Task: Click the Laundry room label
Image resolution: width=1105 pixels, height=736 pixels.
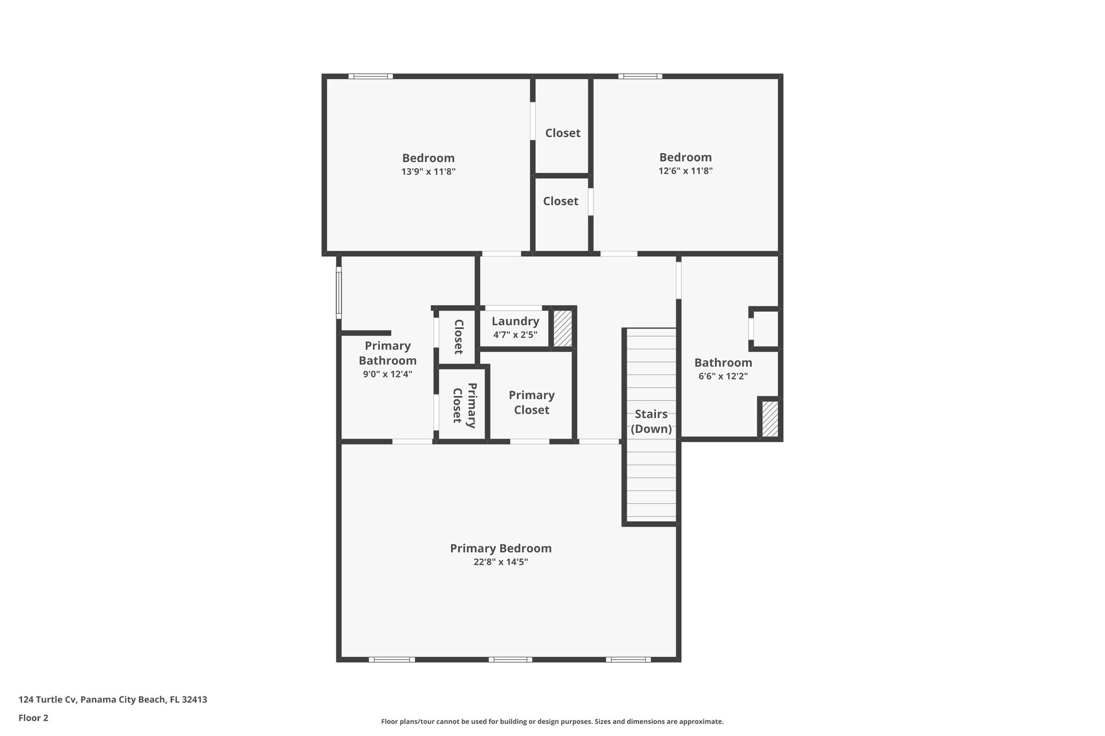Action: (x=515, y=321)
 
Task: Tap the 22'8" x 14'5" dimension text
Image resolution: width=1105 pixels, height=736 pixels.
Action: (x=501, y=562)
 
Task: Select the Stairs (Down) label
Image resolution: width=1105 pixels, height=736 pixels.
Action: (x=651, y=422)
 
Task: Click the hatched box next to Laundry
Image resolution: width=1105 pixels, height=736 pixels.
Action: (x=563, y=328)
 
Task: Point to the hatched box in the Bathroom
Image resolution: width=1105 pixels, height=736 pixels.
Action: (x=770, y=419)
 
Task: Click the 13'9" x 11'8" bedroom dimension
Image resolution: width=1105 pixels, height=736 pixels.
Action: (x=428, y=172)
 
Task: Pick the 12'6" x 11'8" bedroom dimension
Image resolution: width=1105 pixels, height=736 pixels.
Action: (x=685, y=171)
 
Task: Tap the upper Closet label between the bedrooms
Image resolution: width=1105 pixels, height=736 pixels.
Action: (x=562, y=133)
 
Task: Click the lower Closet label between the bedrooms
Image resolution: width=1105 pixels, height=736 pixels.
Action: (x=561, y=201)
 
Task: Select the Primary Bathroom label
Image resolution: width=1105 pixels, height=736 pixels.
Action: (x=387, y=353)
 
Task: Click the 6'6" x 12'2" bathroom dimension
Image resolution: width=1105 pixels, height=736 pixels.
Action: (x=723, y=376)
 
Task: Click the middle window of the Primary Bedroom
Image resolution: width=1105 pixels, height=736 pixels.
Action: (x=510, y=659)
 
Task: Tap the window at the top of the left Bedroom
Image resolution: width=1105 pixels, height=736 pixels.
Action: (x=370, y=77)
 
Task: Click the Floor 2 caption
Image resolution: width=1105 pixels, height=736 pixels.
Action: (x=33, y=718)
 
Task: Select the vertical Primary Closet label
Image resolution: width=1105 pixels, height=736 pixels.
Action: (x=465, y=405)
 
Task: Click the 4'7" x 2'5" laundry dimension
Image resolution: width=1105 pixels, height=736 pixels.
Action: (x=515, y=335)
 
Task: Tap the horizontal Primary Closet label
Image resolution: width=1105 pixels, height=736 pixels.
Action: (x=531, y=403)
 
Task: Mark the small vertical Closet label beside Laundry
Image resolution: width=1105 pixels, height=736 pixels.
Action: (x=459, y=337)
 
